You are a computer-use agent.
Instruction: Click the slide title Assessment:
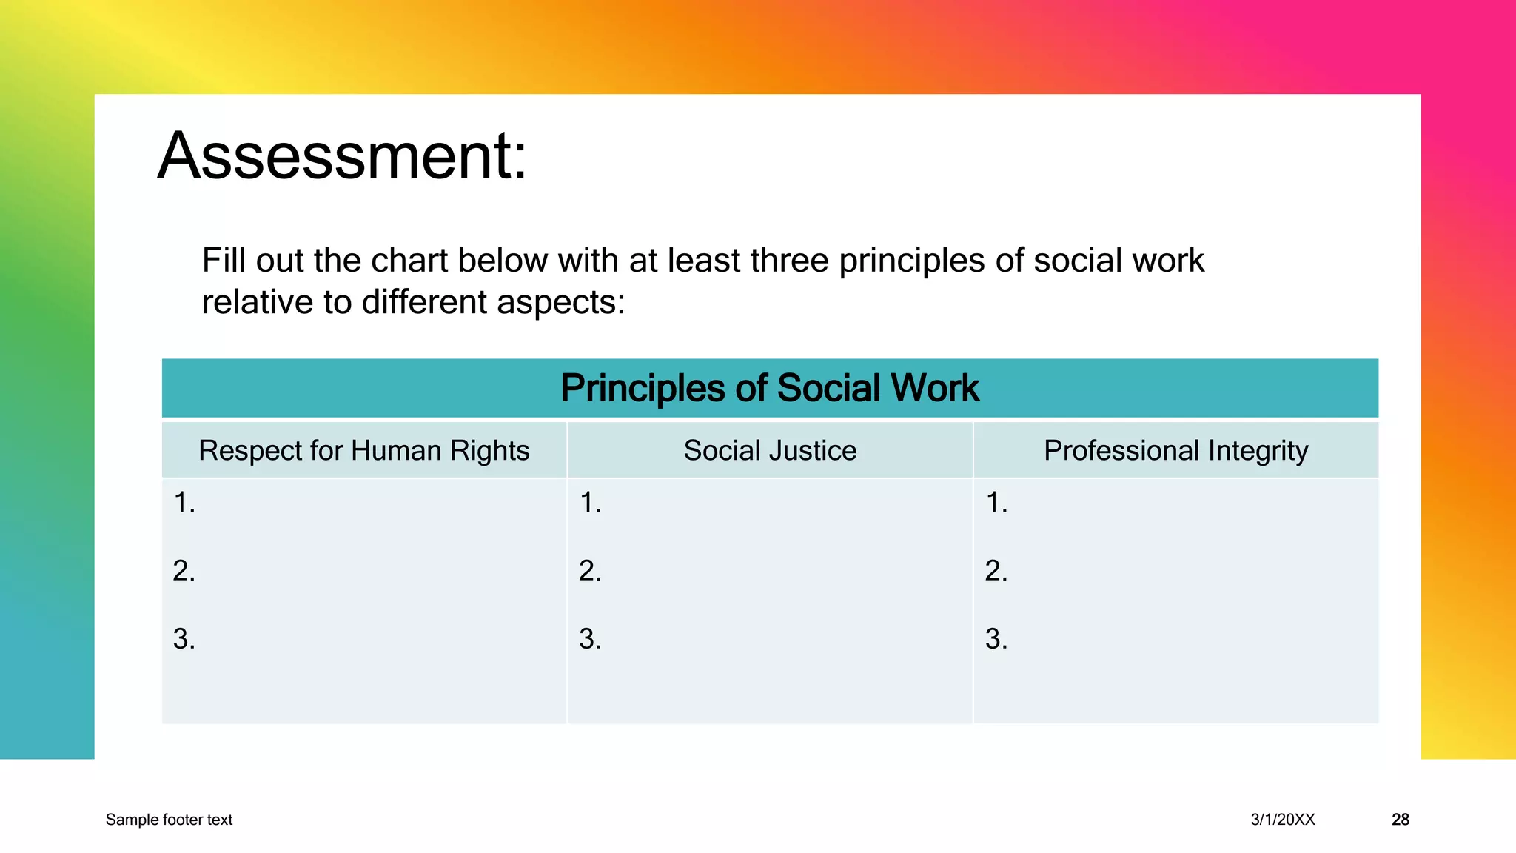[342, 156]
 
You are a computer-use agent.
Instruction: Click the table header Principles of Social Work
[769, 388]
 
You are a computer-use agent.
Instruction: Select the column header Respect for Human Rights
[363, 450]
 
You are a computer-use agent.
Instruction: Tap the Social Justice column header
[770, 450]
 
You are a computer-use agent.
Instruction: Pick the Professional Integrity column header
[1175, 450]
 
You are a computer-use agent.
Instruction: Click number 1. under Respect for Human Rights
[184, 503]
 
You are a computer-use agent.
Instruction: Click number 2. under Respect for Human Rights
[184, 571]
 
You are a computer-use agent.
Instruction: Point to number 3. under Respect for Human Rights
[184, 638]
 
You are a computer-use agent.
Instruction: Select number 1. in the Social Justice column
[590, 503]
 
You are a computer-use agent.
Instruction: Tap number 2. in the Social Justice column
[590, 571]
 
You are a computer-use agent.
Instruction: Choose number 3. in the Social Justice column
[590, 638]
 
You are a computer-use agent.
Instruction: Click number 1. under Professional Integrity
[996, 503]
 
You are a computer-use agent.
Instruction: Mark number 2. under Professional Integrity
[996, 571]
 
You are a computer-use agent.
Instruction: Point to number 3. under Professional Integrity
[996, 638]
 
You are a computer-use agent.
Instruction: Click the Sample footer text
[169, 820]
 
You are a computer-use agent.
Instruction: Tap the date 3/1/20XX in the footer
[1283, 820]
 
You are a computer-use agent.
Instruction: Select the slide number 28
[1400, 820]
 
